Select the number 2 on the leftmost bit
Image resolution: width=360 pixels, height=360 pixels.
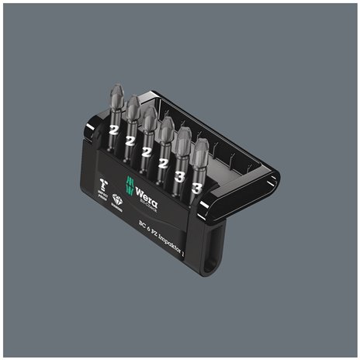point(113,130)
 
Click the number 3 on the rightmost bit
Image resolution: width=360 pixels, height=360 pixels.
point(197,188)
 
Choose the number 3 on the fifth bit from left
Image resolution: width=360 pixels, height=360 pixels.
point(180,176)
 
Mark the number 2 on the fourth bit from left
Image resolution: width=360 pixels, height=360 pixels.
point(163,162)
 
